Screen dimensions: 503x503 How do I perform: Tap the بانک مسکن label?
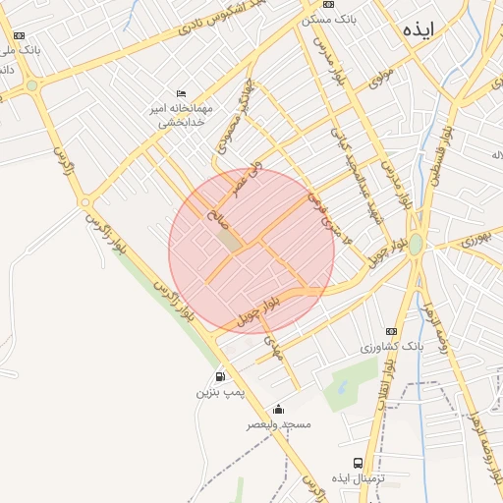pyautogui.click(x=331, y=19)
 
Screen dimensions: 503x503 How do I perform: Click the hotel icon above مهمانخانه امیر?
pyautogui.click(x=180, y=93)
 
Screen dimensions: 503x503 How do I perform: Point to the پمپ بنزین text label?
pyautogui.click(x=218, y=393)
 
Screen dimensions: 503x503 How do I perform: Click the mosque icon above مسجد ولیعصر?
pyautogui.click(x=278, y=409)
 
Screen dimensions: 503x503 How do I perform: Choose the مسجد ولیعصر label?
pyautogui.click(x=278, y=424)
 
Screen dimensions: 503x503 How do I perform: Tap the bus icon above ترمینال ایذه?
pyautogui.click(x=358, y=462)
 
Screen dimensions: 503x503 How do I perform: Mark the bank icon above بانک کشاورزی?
pyautogui.click(x=392, y=331)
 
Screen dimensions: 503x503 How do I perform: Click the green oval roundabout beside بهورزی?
pyautogui.click(x=416, y=243)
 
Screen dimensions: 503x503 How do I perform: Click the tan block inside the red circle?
pyautogui.click(x=228, y=239)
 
